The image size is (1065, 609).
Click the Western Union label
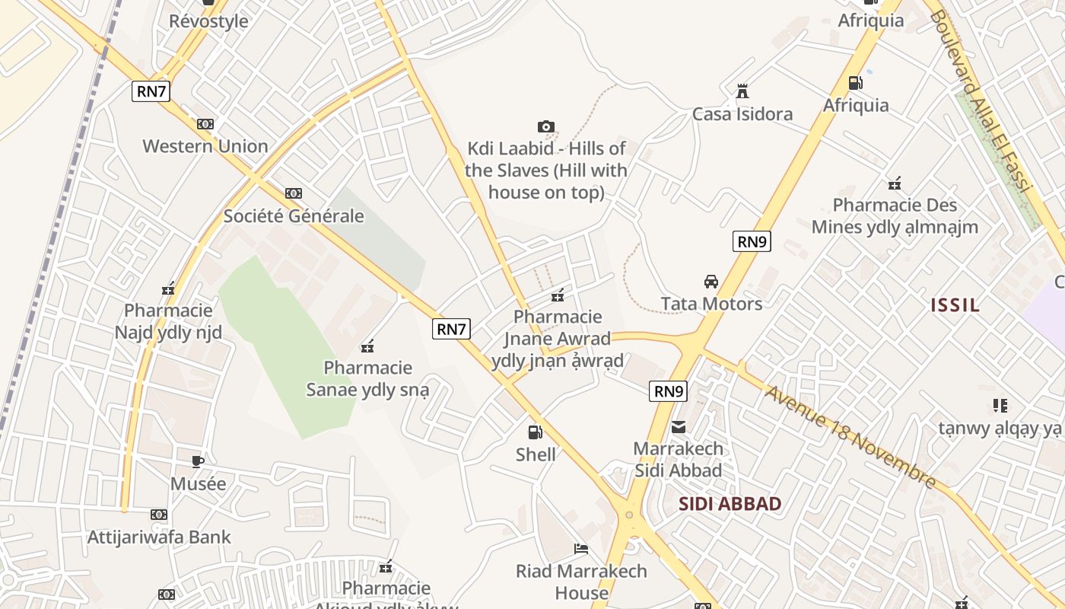[205, 146]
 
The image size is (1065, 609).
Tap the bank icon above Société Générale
[294, 193]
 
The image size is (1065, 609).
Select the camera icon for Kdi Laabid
[545, 126]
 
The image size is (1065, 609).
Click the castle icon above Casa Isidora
[742, 91]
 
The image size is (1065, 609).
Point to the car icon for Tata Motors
[711, 282]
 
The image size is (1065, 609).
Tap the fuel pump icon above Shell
[536, 432]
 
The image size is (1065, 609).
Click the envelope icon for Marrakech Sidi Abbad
[679, 426]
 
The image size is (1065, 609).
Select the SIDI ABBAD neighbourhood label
[730, 504]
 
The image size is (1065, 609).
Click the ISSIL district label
[955, 306]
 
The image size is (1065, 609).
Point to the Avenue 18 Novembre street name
[850, 436]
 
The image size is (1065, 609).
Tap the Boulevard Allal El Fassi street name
[981, 110]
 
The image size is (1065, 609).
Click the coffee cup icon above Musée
[198, 461]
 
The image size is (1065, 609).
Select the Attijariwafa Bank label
[159, 537]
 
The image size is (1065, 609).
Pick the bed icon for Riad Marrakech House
[581, 549]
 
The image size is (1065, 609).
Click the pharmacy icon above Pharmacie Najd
[168, 289]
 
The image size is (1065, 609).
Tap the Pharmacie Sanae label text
[368, 379]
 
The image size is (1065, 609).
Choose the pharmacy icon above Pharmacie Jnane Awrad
[558, 295]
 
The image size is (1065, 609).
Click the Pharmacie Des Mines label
[895, 216]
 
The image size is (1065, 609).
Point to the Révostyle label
[208, 21]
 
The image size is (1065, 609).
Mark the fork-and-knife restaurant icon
[1000, 406]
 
